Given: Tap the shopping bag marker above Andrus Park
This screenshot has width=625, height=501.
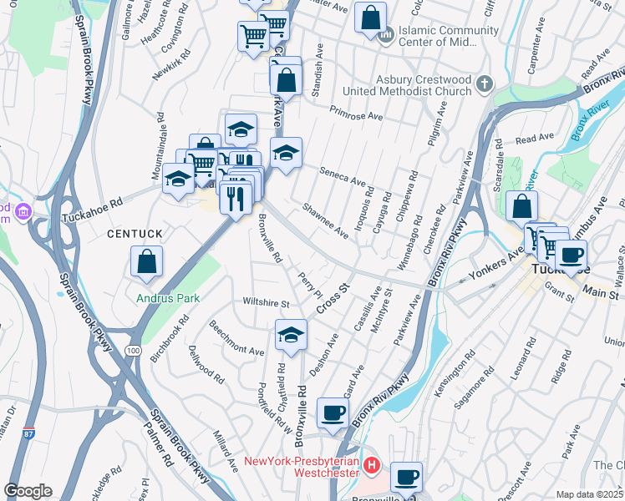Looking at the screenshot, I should coord(147,261).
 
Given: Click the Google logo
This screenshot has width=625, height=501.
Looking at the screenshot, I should coord(28,491).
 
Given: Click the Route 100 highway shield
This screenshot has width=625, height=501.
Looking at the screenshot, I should coord(135,352).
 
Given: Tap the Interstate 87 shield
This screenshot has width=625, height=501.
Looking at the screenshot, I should coord(29,434).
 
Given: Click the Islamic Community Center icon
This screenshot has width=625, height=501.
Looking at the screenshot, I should coord(385,37).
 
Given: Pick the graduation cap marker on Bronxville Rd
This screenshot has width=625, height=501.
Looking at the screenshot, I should coord(291,335).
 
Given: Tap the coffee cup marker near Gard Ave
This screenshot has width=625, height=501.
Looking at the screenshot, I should coord(333,412).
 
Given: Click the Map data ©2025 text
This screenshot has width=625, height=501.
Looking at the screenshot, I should coord(590,494).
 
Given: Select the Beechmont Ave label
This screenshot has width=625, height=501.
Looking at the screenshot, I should coord(236,337).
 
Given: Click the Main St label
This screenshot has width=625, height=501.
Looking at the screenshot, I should coord(601,294).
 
